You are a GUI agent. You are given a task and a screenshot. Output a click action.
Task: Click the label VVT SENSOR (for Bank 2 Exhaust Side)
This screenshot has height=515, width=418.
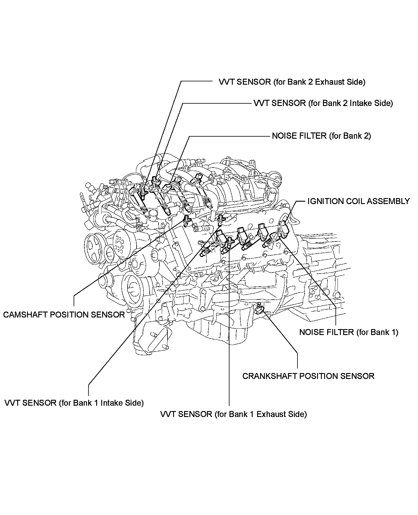point(292,82)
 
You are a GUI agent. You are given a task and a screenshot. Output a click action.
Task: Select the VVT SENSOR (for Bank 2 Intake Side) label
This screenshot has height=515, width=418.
point(323,103)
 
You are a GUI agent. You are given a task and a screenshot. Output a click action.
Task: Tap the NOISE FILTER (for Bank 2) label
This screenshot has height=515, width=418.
point(321,136)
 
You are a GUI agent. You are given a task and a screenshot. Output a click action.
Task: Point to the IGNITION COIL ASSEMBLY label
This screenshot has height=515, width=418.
point(358,201)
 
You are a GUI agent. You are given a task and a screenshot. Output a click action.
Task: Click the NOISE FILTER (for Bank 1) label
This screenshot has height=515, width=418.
point(349,332)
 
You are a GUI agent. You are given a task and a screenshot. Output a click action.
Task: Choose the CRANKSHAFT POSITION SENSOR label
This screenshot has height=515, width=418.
point(308,376)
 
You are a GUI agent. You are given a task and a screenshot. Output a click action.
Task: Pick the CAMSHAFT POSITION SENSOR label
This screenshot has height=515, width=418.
point(64,315)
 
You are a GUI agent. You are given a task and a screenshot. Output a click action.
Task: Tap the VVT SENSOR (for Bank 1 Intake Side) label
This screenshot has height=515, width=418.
point(74,403)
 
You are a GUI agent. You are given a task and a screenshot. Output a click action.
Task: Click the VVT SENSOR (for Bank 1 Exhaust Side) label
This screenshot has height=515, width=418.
point(233,414)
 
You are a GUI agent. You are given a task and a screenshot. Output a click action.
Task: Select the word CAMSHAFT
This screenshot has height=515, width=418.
point(25,315)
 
